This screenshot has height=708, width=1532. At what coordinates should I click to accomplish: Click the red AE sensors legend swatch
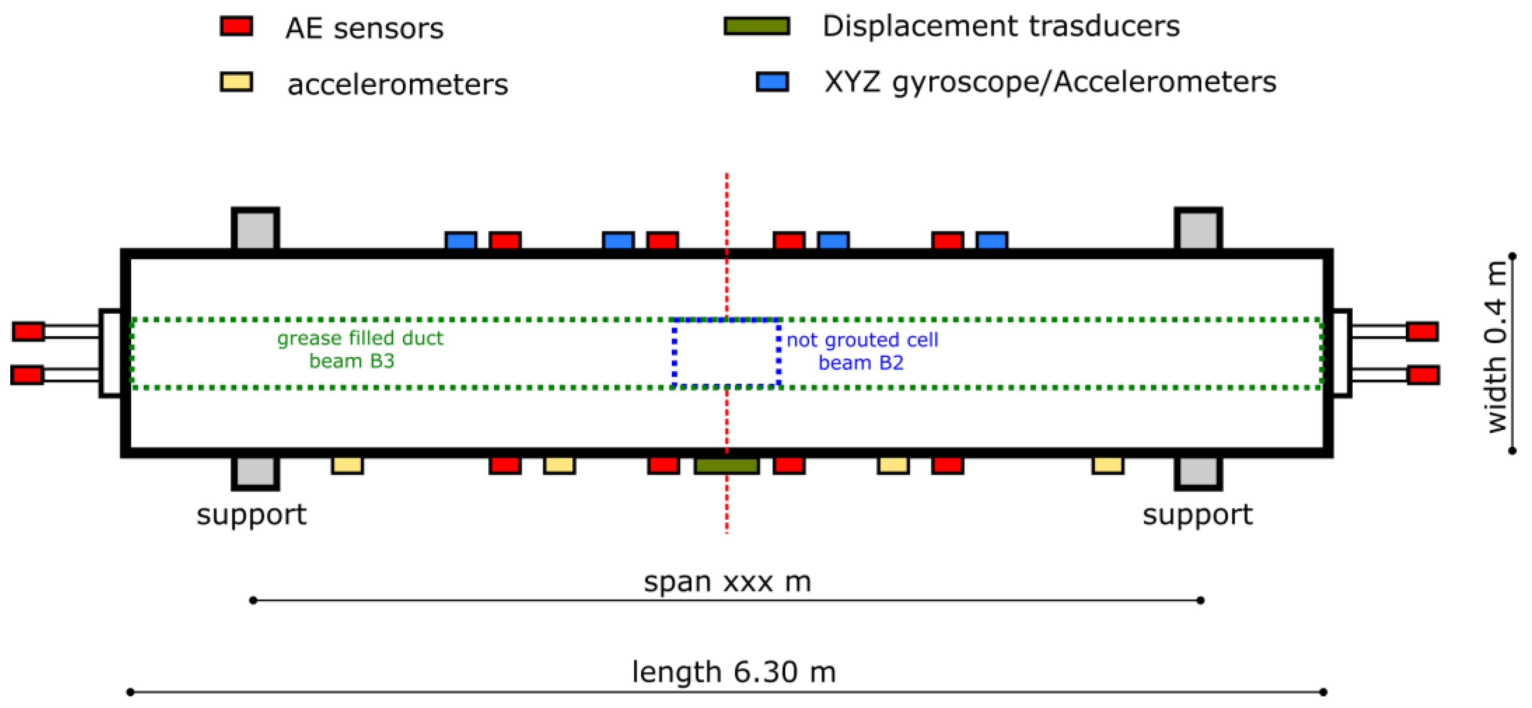(236, 26)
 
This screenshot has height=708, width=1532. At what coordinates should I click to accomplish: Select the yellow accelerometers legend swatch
(236, 82)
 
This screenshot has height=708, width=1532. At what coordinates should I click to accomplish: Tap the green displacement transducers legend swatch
(757, 26)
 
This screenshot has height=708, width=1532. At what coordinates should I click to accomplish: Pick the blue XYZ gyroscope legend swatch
(772, 82)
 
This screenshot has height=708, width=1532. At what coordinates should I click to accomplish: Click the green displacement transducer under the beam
(726, 465)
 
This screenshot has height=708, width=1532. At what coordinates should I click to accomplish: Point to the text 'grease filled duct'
(360, 338)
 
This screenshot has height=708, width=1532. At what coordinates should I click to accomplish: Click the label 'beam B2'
(861, 362)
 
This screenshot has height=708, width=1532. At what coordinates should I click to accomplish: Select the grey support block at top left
(255, 230)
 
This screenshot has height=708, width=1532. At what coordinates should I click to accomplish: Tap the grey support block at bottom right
(1198, 472)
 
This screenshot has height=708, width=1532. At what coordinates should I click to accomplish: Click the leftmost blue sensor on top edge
(460, 241)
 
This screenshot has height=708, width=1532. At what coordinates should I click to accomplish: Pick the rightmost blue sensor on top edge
(991, 241)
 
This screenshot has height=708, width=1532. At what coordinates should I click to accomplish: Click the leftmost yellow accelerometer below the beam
(347, 465)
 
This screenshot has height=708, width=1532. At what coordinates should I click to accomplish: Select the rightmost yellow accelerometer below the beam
(1107, 465)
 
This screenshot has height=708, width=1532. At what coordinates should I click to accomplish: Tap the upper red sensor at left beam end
(28, 331)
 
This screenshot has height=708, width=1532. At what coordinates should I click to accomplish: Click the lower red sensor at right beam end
(1423, 375)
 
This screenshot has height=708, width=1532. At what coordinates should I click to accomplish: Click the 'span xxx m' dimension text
(727, 582)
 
